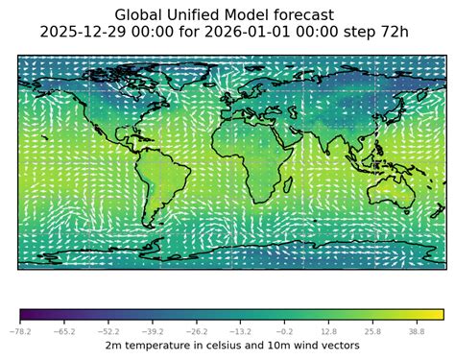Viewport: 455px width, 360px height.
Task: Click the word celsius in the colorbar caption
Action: pos(217,344)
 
